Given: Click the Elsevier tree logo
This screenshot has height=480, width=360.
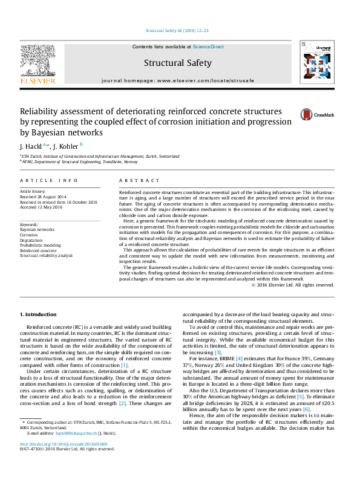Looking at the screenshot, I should click(38, 62).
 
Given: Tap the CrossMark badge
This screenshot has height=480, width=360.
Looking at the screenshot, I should click(317, 114).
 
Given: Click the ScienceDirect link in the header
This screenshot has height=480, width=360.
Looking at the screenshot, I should click(209, 47).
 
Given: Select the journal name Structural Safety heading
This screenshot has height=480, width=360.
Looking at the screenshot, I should click(177, 63).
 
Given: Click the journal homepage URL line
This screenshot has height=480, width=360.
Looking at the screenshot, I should click(178, 80).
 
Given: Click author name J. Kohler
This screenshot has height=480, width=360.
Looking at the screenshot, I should click(66, 146).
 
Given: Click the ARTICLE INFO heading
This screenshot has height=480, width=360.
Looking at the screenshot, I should click(48, 181).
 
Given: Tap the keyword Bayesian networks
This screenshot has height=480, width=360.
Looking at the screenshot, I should click(38, 230).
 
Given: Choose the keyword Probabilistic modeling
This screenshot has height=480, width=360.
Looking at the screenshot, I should click(41, 245).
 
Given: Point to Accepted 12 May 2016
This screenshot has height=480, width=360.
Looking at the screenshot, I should click(40, 206).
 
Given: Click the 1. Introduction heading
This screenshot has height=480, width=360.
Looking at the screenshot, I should click(39, 315).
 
